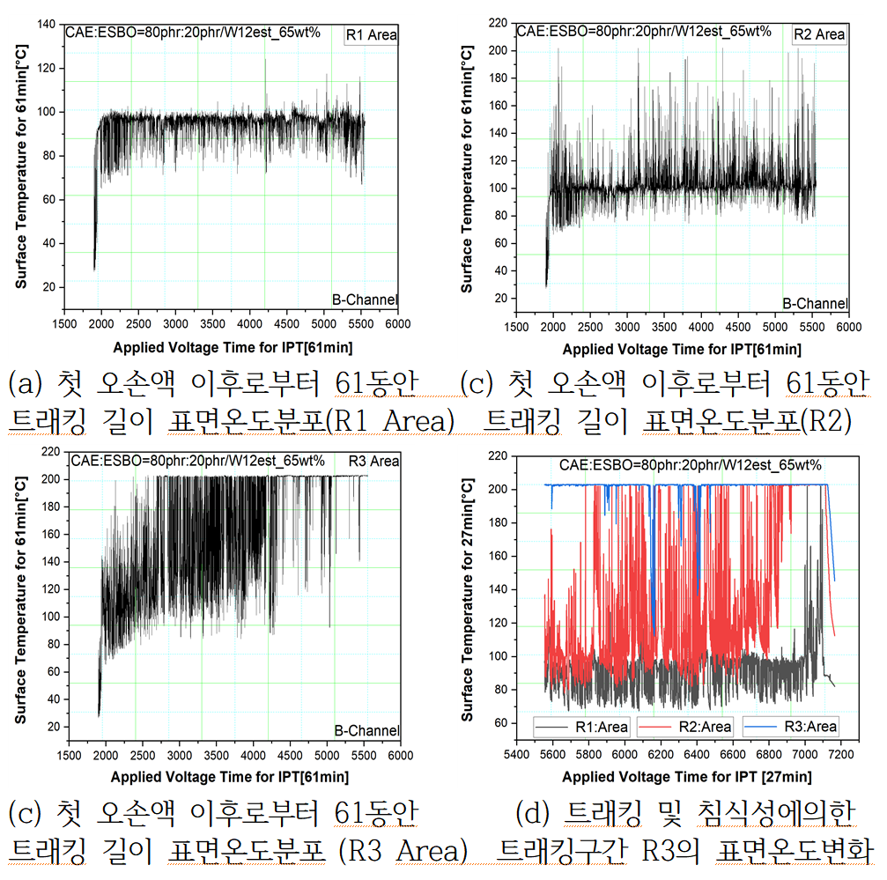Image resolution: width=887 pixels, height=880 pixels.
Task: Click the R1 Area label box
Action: (371, 35)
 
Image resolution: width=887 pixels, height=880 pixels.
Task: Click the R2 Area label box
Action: (819, 34)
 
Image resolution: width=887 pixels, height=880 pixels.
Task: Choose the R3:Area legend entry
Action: (792, 726)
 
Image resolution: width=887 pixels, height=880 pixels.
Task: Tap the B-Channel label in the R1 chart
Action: (365, 300)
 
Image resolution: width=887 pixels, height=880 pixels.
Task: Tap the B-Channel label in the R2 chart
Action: (815, 304)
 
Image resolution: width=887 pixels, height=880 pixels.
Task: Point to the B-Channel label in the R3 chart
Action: (366, 731)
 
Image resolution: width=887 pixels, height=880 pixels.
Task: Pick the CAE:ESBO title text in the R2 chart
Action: (643, 31)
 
